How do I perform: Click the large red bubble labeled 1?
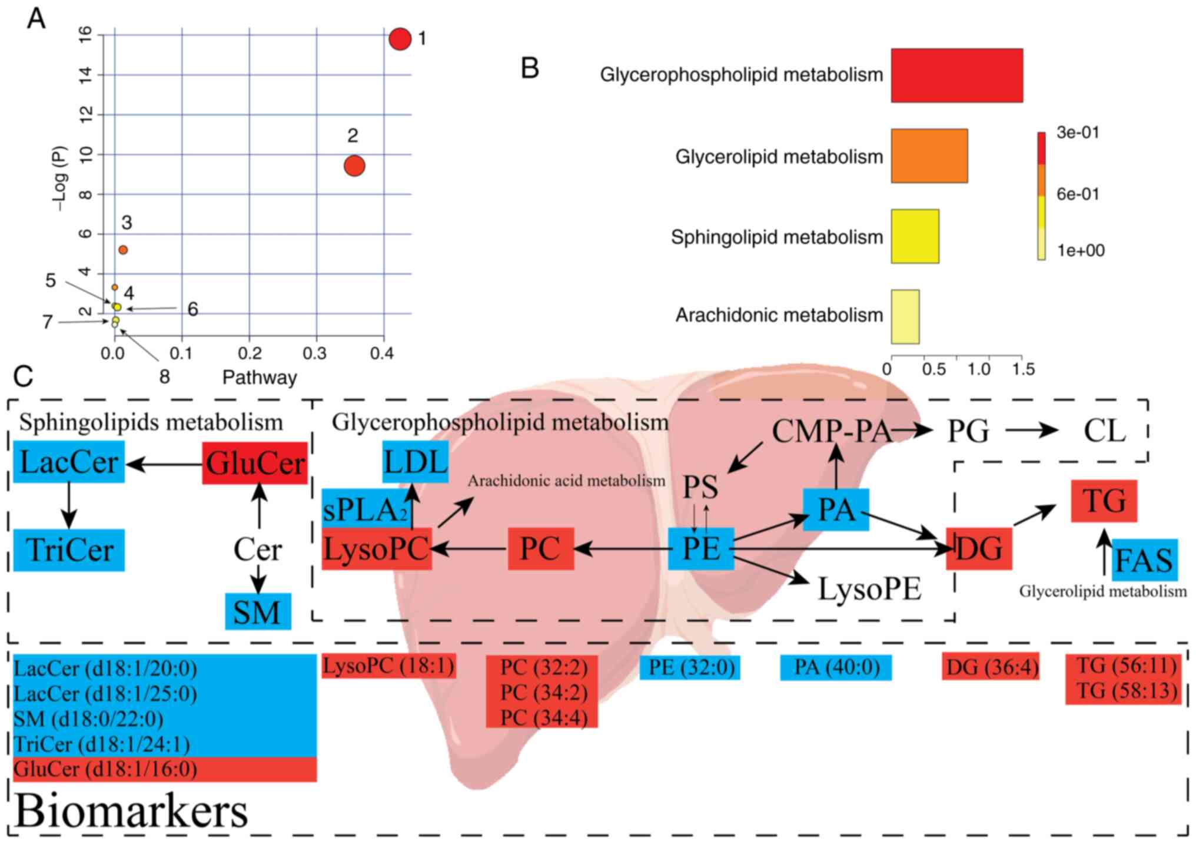[400, 39]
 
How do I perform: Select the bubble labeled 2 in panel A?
[354, 166]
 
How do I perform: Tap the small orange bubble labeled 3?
[123, 250]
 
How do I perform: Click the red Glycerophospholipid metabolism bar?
[956, 75]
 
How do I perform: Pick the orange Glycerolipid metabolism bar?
[929, 156]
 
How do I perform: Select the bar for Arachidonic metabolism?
[905, 316]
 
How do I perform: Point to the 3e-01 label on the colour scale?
[1077, 133]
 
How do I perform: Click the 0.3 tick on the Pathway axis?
[315, 353]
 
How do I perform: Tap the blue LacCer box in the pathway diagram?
[69, 462]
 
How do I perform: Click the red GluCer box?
[255, 464]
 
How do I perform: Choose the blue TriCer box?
[69, 550]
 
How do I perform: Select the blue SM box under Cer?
[258, 611]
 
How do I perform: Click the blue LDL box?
[415, 462]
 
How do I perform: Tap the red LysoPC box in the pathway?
[377, 549]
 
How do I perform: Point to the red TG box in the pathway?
[1104, 501]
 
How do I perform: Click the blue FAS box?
[1144, 560]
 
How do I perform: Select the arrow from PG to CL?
[1031, 431]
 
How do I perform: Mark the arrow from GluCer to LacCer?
[164, 465]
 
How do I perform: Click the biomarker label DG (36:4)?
[991, 667]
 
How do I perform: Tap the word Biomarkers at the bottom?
[131, 812]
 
